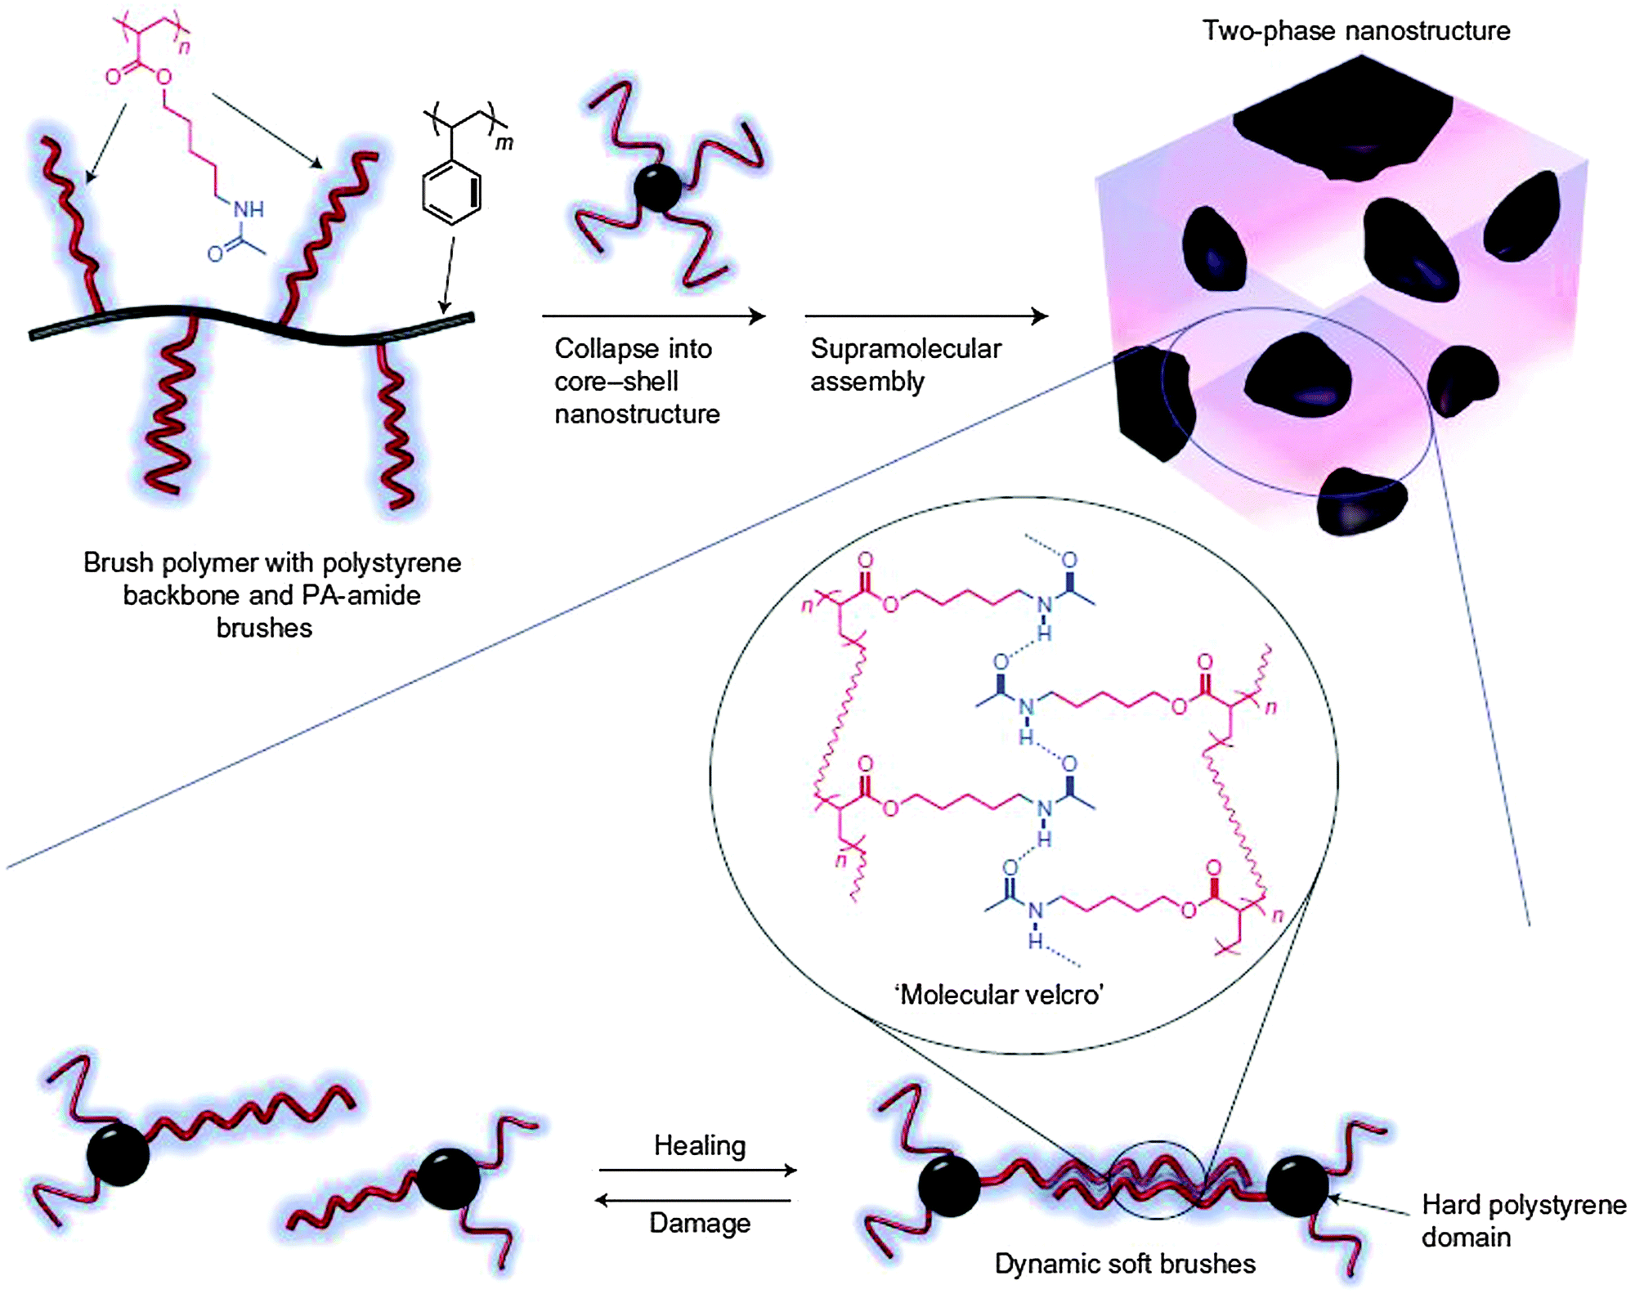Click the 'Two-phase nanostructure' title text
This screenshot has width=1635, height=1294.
pyautogui.click(x=1355, y=31)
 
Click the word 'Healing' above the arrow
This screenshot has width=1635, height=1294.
pyautogui.click(x=699, y=1145)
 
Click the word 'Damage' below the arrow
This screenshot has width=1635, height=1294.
pyautogui.click(x=699, y=1223)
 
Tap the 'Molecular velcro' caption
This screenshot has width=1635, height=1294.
pyautogui.click(x=999, y=995)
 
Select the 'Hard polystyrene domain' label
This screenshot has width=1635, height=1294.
pyautogui.click(x=1523, y=1220)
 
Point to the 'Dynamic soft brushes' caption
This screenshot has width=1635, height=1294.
pyautogui.click(x=1124, y=1264)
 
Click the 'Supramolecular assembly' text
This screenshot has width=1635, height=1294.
pyautogui.click(x=905, y=365)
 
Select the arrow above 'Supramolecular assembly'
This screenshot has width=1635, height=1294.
pyautogui.click(x=925, y=316)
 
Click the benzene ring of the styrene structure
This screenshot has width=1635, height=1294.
pyautogui.click(x=451, y=193)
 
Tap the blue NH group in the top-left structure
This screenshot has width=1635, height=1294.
pyautogui.click(x=249, y=209)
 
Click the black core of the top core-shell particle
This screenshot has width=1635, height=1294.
pyautogui.click(x=657, y=189)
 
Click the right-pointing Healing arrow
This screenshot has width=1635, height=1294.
pyautogui.click(x=697, y=1170)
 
